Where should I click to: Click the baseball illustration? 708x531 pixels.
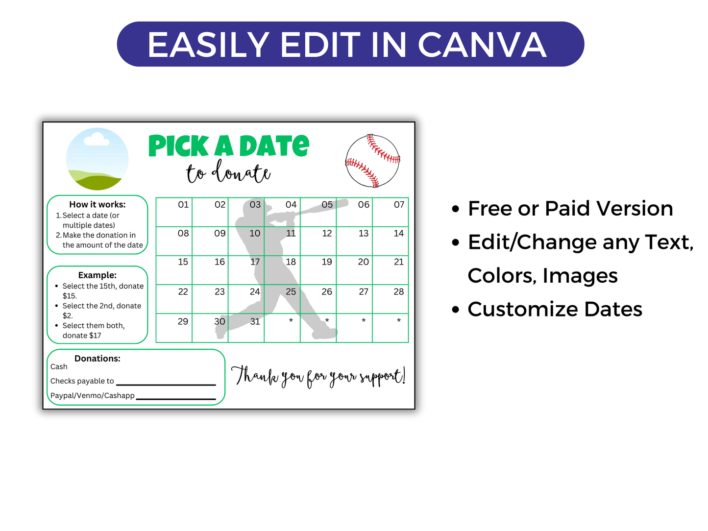coord(373,161)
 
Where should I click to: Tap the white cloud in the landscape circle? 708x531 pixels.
coord(97,140)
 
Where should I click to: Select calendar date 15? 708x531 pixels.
coord(183,262)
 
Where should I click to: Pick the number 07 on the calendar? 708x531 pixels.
coord(399,205)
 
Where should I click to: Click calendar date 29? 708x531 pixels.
coord(183,321)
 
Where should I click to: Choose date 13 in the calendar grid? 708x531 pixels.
coord(363,234)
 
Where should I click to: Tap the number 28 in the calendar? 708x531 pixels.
coord(399,292)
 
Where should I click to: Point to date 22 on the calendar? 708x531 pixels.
coord(183,292)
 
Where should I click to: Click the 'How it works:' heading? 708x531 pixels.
coord(97,205)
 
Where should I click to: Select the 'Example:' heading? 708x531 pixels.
coord(97,275)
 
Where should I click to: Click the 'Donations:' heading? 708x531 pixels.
coord(97,359)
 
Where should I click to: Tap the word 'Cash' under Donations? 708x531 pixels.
coord(59,367)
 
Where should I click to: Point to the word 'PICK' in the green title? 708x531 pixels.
coord(178,146)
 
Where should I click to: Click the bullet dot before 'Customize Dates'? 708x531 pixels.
coord(456,310)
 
